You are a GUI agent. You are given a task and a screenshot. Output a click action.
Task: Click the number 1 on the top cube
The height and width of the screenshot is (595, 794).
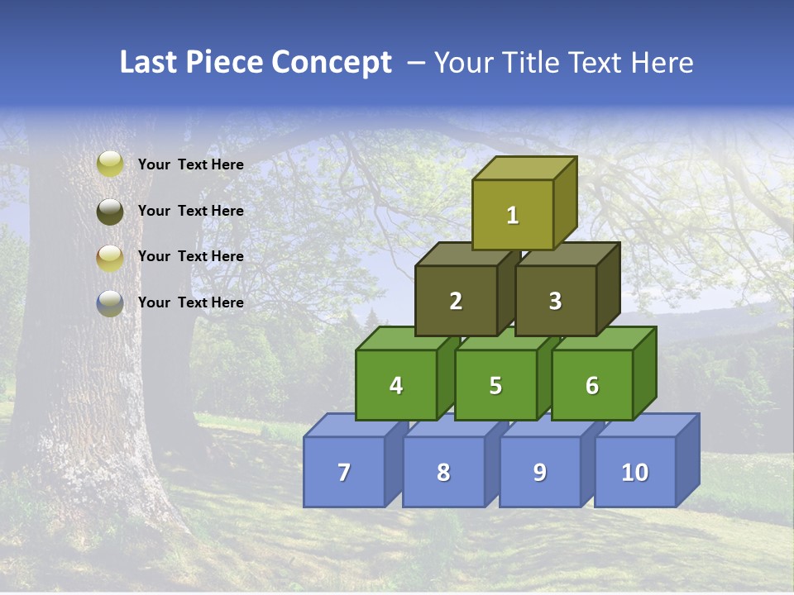512,215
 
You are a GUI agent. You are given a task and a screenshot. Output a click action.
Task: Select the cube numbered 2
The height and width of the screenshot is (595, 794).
456,301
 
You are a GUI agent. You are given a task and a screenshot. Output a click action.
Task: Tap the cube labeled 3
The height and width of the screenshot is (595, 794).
555,301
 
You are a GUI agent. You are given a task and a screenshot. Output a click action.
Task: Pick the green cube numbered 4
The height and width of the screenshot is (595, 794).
396,385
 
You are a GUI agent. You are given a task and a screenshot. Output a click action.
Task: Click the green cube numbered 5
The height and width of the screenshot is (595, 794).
495,385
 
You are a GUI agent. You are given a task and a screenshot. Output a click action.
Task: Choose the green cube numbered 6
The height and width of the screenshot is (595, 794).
591,385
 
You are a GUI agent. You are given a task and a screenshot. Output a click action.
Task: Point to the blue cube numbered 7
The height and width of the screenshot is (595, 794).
344,472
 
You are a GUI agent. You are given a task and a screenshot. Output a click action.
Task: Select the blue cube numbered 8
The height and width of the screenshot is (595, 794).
443,472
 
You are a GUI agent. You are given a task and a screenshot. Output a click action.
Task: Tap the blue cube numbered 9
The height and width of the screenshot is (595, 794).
539,472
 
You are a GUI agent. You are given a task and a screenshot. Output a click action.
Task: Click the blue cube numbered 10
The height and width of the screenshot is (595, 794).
634,472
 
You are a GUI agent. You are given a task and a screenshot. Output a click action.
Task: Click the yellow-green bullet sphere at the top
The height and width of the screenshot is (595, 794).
110,164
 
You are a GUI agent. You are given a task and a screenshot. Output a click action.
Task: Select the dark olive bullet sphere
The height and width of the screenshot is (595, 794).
110,211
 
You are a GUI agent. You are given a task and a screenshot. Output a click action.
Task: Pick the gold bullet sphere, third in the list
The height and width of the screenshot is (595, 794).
110,257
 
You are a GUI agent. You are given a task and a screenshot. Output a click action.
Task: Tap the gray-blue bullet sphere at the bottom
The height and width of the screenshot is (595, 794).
110,302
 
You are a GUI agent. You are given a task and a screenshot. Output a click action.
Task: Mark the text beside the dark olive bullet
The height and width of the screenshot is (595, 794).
190,211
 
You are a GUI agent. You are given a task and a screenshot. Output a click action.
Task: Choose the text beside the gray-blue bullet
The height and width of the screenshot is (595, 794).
190,302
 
